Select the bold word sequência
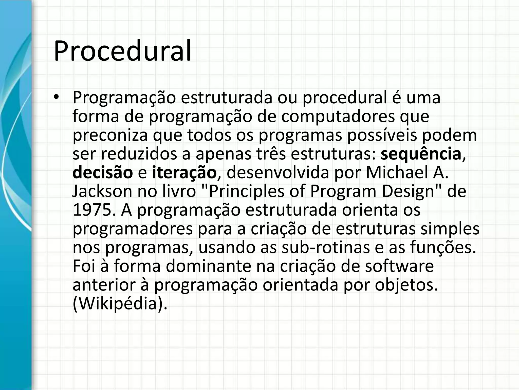(x=421, y=154)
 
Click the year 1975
(x=92, y=210)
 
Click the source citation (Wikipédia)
(x=120, y=304)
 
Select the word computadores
(x=338, y=116)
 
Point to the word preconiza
(x=110, y=135)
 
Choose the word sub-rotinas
(x=325, y=248)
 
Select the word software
(x=399, y=266)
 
